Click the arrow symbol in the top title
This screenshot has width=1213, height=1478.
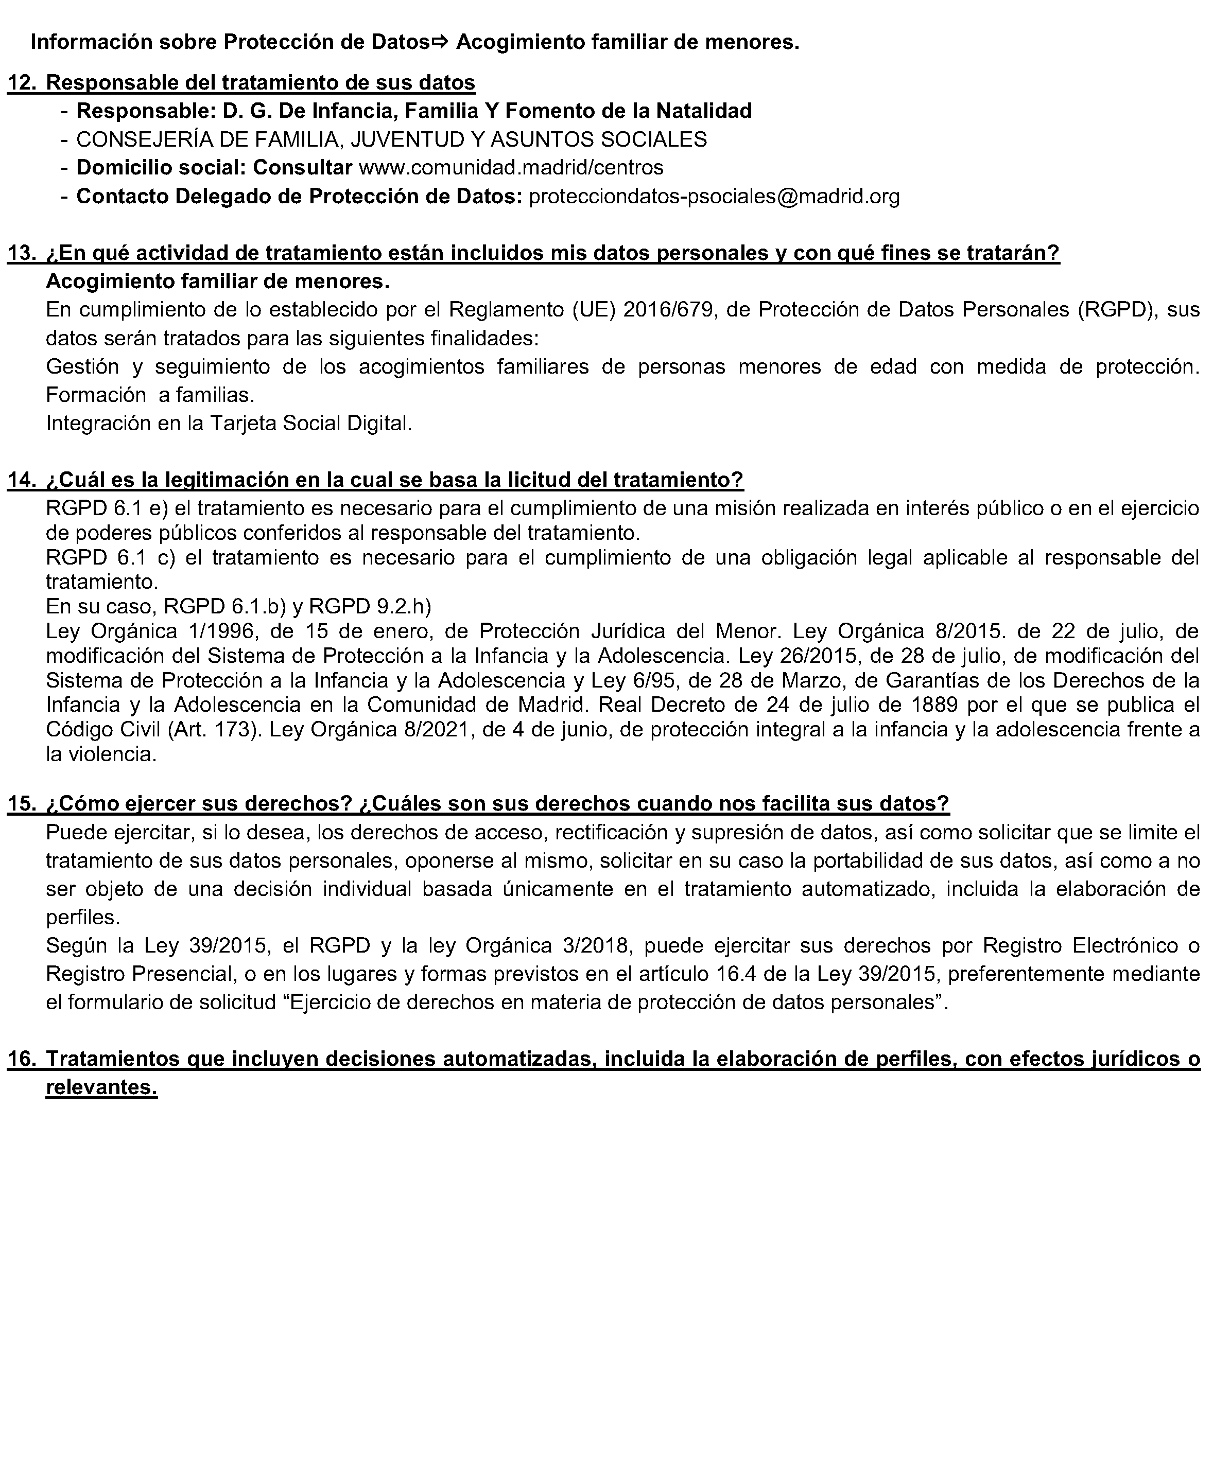pos(440,43)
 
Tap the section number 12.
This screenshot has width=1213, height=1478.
pos(21,83)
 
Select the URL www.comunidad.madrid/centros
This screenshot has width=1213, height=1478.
pos(511,168)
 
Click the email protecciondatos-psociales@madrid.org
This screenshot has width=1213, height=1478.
pos(714,196)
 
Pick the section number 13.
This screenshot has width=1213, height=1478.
pos(21,253)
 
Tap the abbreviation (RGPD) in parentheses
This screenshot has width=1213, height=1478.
pos(1113,309)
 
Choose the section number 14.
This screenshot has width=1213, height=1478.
pos(21,480)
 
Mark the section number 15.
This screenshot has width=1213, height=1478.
pos(21,804)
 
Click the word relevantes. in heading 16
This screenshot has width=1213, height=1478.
pos(101,1087)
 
